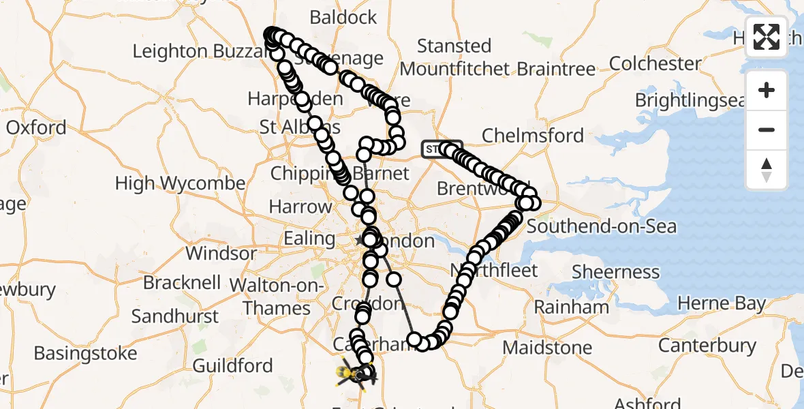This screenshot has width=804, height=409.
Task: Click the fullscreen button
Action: [767, 37]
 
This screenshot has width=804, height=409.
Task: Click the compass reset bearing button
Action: [767, 170]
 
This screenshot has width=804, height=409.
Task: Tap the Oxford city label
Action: [36, 127]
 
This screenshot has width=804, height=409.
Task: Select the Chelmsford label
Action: [533, 136]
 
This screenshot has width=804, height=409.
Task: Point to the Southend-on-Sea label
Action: [602, 226]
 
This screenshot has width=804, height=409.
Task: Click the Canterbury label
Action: [707, 346]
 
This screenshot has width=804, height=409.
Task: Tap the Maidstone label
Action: [547, 348]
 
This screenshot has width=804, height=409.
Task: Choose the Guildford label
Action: [232, 366]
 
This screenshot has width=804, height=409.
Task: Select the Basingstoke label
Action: [85, 354]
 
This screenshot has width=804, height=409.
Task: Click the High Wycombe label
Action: [181, 183]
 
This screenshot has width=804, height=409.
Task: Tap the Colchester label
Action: [655, 64]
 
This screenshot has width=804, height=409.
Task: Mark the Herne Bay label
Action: [722, 303]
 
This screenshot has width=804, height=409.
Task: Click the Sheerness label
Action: [615, 272]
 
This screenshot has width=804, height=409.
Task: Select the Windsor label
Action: [221, 254]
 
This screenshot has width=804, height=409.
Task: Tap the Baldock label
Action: [343, 18]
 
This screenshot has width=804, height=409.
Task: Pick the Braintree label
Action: [556, 69]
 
